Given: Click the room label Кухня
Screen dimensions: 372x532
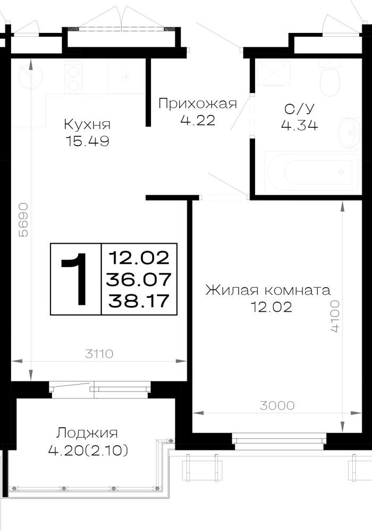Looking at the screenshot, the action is pyautogui.click(x=87, y=124).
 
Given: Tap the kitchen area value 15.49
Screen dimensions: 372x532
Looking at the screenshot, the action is pyautogui.click(x=87, y=141).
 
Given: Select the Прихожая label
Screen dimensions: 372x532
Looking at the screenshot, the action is pyautogui.click(x=198, y=104).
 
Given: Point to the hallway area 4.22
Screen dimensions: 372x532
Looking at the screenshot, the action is pyautogui.click(x=198, y=120).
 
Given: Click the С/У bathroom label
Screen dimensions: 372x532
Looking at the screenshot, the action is pyautogui.click(x=300, y=109).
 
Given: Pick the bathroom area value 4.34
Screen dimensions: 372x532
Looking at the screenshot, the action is pyautogui.click(x=300, y=126).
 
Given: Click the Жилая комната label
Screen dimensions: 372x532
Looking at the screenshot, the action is pyautogui.click(x=268, y=290).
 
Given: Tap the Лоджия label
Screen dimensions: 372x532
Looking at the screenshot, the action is pyautogui.click(x=87, y=433).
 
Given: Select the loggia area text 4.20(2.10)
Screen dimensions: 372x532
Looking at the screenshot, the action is pyautogui.click(x=88, y=451).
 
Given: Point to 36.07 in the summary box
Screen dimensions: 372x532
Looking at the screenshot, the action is pyautogui.click(x=139, y=280).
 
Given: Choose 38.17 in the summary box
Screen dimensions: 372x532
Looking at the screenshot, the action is pyautogui.click(x=139, y=301).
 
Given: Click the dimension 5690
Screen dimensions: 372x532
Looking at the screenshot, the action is pyautogui.click(x=23, y=220).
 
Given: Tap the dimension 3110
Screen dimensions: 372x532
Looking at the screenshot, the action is pyautogui.click(x=99, y=354).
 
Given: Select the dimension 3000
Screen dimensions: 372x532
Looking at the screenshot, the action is pyautogui.click(x=277, y=405).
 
